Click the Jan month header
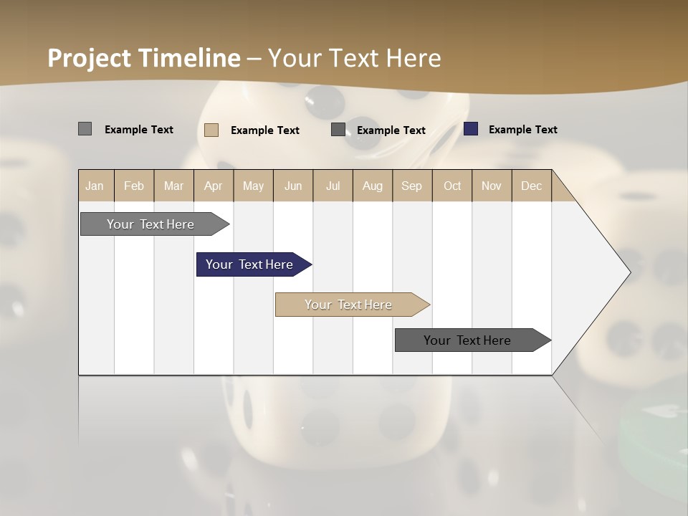pyautogui.click(x=95, y=186)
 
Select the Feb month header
pyautogui.click(x=134, y=186)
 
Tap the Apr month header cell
pyautogui.click(x=214, y=186)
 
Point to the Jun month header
pyautogui.click(x=293, y=186)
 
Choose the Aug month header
pyautogui.click(x=373, y=186)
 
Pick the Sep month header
pyautogui.click(x=412, y=186)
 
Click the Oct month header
pyautogui.click(x=452, y=186)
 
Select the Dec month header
pyautogui.click(x=532, y=186)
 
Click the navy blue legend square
pyautogui.click(x=471, y=129)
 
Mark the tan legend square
pyautogui.click(x=211, y=130)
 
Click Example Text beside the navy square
pyautogui.click(x=522, y=130)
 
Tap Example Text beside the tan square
pyautogui.click(x=264, y=130)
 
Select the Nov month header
pyautogui.click(x=492, y=186)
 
